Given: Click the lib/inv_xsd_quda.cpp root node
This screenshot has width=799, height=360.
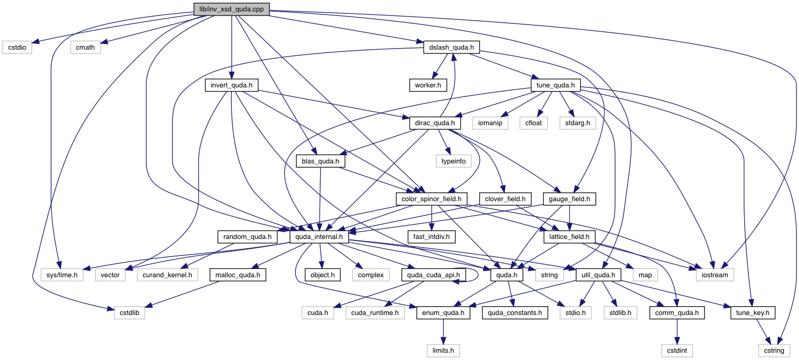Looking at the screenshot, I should pyautogui.click(x=231, y=9).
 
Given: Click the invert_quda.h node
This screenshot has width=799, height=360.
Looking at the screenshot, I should pyautogui.click(x=231, y=85).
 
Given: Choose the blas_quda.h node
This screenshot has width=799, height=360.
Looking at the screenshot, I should pyautogui.click(x=320, y=161).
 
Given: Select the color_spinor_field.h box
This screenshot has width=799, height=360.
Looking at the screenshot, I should pyautogui.click(x=431, y=199).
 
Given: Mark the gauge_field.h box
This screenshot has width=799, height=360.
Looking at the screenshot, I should pyautogui.click(x=569, y=199).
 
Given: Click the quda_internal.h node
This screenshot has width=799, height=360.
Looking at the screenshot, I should pyautogui.click(x=319, y=237).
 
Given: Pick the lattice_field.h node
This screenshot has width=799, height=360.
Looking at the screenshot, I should pyautogui.click(x=569, y=237).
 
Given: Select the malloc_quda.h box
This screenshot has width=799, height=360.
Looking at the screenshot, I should pyautogui.click(x=237, y=275).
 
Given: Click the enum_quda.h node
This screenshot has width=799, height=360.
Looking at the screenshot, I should pyautogui.click(x=443, y=313).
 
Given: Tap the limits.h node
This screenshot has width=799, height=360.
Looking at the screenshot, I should pyautogui.click(x=443, y=351).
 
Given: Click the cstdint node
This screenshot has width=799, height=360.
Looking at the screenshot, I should pyautogui.click(x=676, y=351).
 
